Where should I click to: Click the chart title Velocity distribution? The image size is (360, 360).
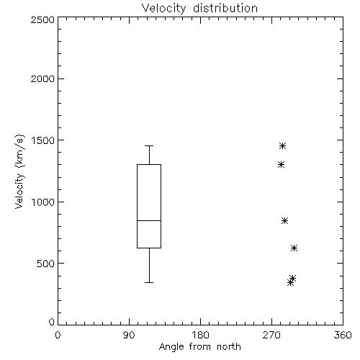(199, 8)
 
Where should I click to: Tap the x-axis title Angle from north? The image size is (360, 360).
(199, 347)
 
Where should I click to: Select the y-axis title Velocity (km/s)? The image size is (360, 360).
(19, 171)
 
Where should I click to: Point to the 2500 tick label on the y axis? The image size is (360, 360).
(42, 19)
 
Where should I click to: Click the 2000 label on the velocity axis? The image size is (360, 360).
(42, 78)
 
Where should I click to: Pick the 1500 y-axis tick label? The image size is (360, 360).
(43, 140)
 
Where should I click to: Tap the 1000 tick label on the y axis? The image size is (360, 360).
(43, 202)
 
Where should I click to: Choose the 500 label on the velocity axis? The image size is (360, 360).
(46, 264)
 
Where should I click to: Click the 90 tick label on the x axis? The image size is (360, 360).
(129, 335)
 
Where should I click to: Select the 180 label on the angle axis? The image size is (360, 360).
(200, 335)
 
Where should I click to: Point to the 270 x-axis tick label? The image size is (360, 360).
(271, 335)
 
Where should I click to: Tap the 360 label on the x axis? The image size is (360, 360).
(343, 335)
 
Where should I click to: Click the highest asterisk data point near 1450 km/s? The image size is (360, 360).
(282, 145)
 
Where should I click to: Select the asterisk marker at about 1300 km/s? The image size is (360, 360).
(281, 165)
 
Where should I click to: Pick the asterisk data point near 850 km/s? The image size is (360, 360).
(284, 220)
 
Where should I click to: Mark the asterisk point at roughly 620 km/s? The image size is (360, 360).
(294, 248)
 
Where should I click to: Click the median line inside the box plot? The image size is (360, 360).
(149, 220)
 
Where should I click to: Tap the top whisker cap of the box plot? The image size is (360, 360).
(149, 145)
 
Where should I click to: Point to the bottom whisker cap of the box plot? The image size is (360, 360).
(149, 282)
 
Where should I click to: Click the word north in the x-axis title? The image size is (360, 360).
(229, 346)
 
